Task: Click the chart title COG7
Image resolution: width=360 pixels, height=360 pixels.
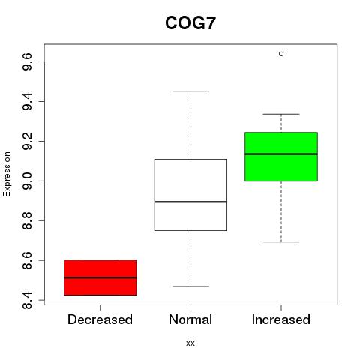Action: pos(190,23)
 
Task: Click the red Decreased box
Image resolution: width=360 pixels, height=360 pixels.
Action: pos(100,277)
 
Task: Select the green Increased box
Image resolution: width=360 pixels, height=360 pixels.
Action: pos(281,157)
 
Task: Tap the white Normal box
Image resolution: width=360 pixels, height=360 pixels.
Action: pos(190,195)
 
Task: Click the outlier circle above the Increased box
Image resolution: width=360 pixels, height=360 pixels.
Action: pos(281,54)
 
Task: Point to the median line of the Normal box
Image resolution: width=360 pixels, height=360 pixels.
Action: pos(190,202)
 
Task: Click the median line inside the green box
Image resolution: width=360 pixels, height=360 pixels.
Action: pos(281,154)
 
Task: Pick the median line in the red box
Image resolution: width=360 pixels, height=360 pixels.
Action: pos(100,277)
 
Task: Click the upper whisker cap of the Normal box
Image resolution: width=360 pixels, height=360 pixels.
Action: pos(190,91)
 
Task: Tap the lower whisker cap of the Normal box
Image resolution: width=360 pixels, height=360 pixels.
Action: pos(190,286)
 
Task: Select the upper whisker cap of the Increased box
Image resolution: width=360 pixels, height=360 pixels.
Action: pos(281,114)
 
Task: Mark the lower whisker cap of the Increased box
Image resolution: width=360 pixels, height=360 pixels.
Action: pos(281,241)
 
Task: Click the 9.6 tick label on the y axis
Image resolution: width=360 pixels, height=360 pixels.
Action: pos(27,61)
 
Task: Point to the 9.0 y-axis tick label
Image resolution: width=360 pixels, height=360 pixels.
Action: pos(27,181)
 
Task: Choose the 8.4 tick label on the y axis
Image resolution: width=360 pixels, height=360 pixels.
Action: pos(27,300)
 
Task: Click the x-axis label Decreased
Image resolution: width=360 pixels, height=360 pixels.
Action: pos(100,319)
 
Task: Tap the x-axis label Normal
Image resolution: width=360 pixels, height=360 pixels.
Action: pos(190,319)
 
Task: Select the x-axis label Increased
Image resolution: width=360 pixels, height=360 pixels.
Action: pos(281,319)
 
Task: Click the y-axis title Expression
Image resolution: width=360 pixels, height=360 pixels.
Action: pos(7,174)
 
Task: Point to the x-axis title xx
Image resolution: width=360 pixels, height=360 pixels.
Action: pos(190,343)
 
